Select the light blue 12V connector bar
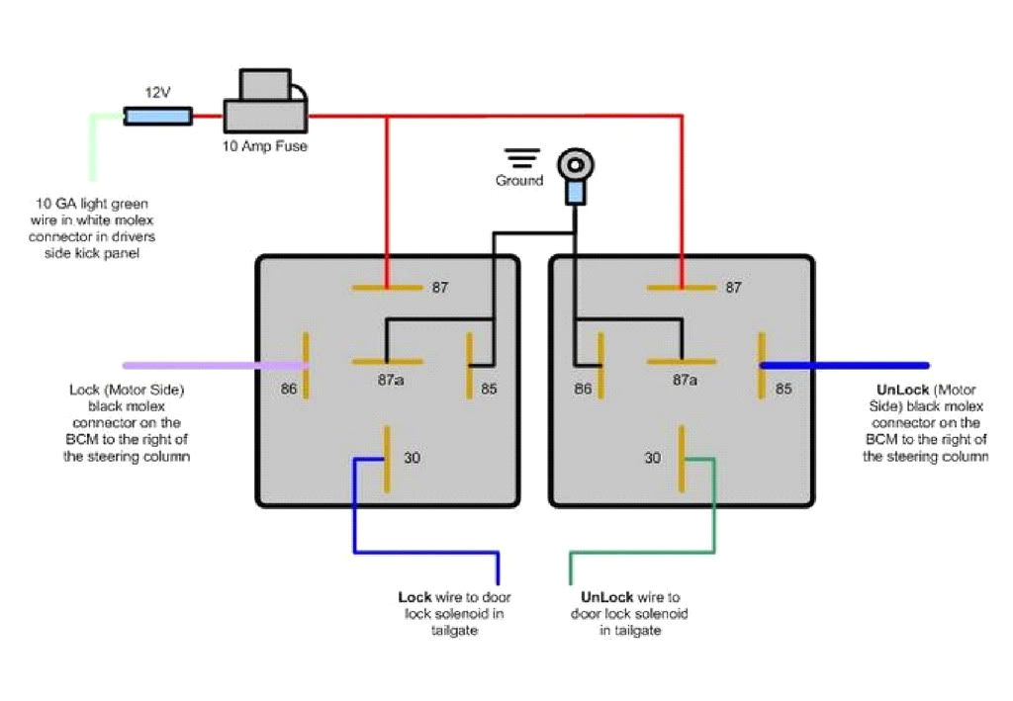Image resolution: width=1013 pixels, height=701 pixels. tap(157, 118)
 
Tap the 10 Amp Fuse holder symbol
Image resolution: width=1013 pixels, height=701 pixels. tap(266, 104)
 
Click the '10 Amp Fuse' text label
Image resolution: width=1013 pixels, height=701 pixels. tap(265, 146)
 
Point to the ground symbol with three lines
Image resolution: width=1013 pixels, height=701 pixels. tap(521, 158)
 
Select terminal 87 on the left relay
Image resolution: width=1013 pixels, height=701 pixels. tap(387, 288)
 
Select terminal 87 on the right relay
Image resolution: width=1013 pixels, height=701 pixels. tap(681, 288)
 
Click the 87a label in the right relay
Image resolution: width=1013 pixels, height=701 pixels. tap(685, 380)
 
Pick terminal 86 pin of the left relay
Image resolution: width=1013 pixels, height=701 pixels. tap(307, 365)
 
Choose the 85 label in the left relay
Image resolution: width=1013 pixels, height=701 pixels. tap(489, 389)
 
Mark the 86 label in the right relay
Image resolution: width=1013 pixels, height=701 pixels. tap(583, 389)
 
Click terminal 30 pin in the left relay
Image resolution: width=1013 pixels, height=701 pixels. tap(386, 458)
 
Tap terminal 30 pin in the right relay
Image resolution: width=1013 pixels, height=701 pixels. tap(681, 458)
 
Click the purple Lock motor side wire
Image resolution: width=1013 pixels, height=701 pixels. tap(213, 365)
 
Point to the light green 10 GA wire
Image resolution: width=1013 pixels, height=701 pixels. tap(94, 148)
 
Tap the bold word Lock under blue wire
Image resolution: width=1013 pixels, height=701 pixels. tap(414, 597)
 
